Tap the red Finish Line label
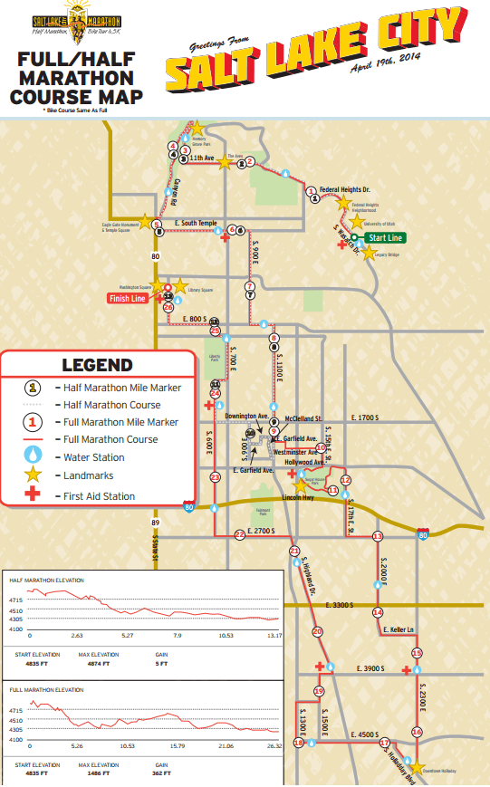[127, 298]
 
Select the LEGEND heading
[97, 366]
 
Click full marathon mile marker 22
[239, 535]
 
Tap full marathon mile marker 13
[378, 537]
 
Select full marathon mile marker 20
[317, 631]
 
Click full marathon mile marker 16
[417, 731]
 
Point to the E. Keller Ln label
[399, 629]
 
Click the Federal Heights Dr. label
[345, 190]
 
